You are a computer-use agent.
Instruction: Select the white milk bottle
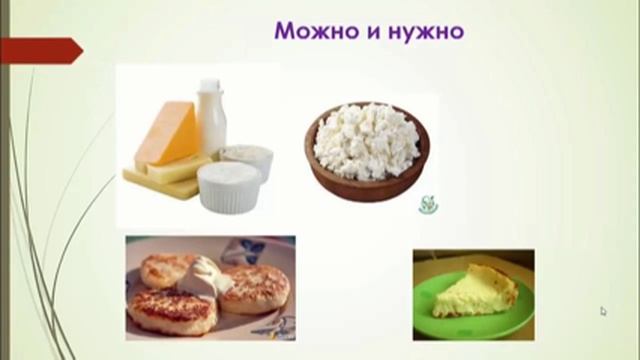(211, 117)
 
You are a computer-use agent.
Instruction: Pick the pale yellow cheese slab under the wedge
(160, 175)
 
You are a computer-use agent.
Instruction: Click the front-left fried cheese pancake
(170, 311)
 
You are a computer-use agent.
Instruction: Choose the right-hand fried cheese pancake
(255, 290)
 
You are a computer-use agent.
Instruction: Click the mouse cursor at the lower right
(603, 311)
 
